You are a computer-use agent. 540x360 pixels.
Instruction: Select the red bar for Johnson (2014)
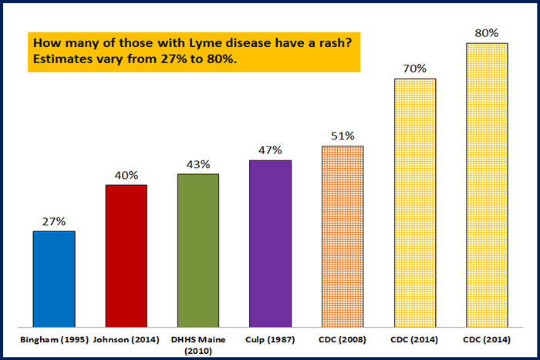pyautogui.click(x=126, y=254)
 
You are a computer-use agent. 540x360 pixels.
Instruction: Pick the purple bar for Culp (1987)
pyautogui.click(x=270, y=243)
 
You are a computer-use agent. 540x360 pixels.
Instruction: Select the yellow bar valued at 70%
pyautogui.click(x=415, y=202)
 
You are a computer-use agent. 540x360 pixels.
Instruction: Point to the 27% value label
pyautogui.click(x=54, y=220)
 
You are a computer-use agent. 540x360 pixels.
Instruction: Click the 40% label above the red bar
pyautogui.click(x=126, y=175)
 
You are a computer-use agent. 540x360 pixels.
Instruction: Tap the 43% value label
pyautogui.click(x=198, y=164)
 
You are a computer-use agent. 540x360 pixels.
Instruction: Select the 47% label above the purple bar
pyautogui.click(x=270, y=150)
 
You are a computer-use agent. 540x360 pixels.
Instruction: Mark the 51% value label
pyautogui.click(x=343, y=136)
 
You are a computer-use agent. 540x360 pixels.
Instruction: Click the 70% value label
pyautogui.click(x=415, y=69)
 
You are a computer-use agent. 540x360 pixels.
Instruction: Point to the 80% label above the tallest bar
pyautogui.click(x=487, y=33)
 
